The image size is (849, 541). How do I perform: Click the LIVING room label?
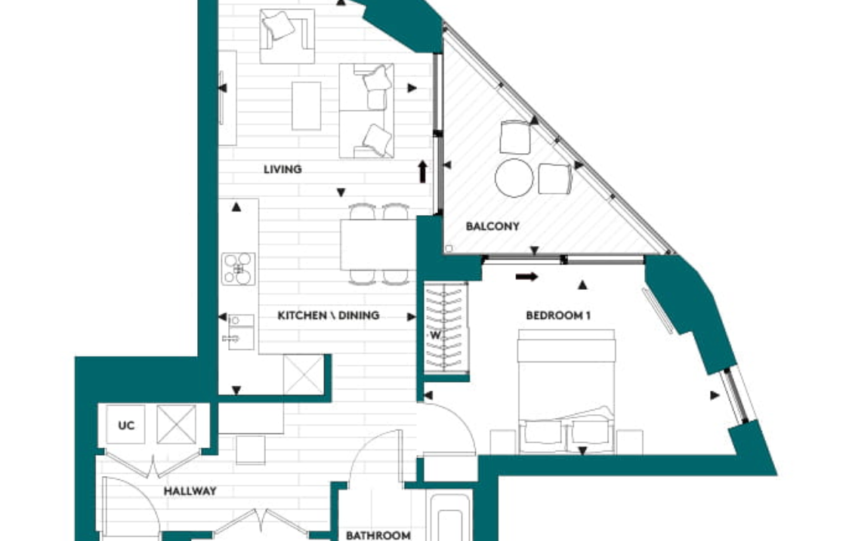coord(282,169)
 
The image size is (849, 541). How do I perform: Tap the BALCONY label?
coord(492,226)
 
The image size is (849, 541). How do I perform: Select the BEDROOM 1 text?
coord(558,315)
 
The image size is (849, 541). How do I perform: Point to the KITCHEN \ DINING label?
coord(328,315)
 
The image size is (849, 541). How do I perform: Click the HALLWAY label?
coord(190,491)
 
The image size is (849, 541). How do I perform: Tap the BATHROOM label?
coord(378,535)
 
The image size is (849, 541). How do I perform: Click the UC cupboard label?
coord(126,426)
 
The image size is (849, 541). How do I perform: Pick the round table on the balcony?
coord(514,178)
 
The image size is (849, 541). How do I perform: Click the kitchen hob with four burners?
coord(238,269)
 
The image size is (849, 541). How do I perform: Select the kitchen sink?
coord(240,332)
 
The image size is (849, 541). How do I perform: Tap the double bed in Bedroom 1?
coord(567,392)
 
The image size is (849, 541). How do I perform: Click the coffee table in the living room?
coord(307,106)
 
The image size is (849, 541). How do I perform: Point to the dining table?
coord(378,244)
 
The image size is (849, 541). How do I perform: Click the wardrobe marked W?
coord(446,328)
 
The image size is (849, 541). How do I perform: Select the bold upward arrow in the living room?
coord(422,171)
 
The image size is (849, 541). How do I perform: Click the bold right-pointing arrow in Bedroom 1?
coord(526,277)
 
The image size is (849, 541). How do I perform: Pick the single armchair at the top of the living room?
coord(287,36)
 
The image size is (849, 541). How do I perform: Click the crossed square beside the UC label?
coord(177,425)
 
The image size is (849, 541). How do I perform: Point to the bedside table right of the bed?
coord(630,442)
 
